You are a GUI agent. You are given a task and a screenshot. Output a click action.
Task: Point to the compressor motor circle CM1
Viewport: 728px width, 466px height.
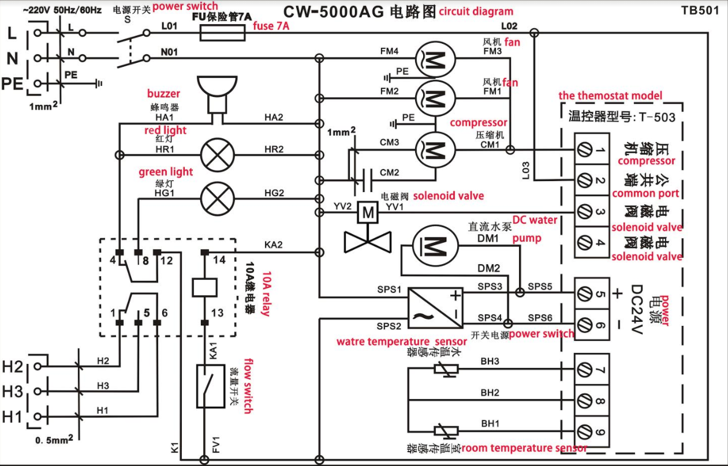tap(435, 150)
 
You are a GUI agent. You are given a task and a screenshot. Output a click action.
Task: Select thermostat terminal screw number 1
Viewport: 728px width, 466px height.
tap(584, 150)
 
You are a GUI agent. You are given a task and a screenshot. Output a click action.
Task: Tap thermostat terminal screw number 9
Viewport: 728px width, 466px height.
tap(584, 431)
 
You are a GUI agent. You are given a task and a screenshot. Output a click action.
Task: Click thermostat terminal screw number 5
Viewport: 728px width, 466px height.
tap(584, 294)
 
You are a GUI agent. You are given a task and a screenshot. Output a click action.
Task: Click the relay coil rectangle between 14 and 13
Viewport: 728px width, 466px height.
tap(204, 285)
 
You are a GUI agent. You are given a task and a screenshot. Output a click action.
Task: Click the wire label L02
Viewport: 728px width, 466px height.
tap(509, 26)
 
